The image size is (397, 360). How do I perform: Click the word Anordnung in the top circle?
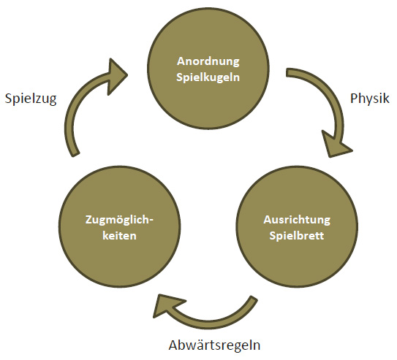(208, 62)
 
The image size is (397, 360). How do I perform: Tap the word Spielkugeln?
(208, 77)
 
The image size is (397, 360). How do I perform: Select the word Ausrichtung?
(297, 221)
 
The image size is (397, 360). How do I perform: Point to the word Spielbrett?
(297, 236)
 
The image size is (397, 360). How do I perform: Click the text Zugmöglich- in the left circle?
(119, 220)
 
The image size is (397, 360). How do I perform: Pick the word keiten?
(119, 236)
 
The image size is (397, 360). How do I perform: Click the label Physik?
(370, 99)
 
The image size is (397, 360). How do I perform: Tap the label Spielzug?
(31, 99)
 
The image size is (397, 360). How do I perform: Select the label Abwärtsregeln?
(214, 345)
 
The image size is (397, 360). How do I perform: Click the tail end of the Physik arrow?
(287, 72)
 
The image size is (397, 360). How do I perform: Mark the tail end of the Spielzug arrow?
(76, 155)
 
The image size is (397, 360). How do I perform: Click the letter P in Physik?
(354, 98)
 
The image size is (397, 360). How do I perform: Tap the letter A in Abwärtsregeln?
(174, 345)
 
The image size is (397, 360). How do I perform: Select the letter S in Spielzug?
(9, 99)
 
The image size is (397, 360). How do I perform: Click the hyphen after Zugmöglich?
(151, 221)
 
